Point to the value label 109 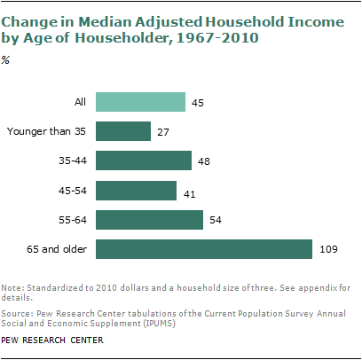[x=328, y=250]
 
